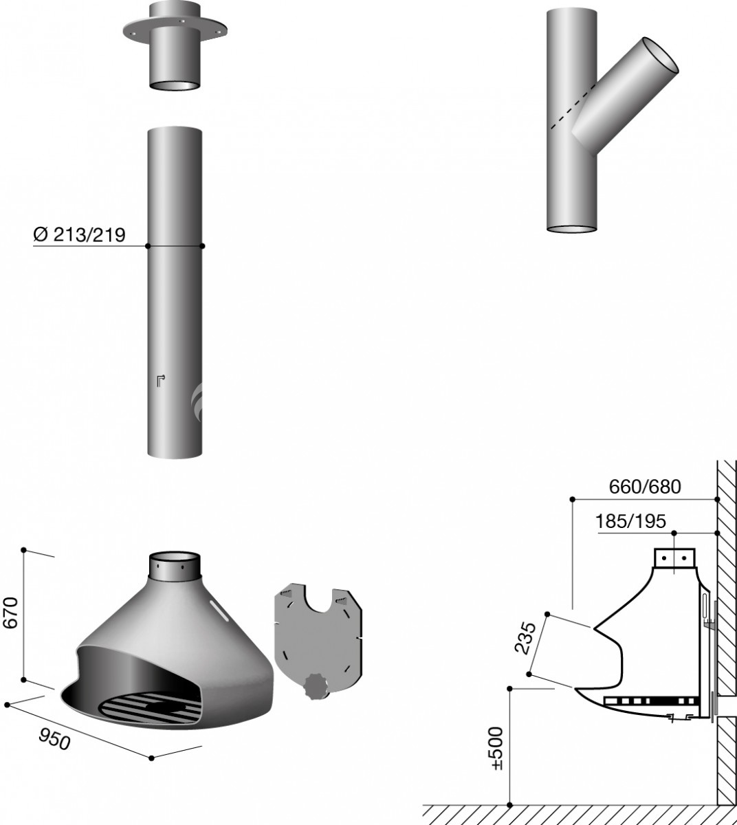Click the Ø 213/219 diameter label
tap(79, 234)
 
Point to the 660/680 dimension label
tap(645, 486)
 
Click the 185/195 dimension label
tap(630, 521)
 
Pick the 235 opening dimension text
tap(525, 638)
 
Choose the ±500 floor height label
tap(498, 749)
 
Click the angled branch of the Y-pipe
tap(625, 96)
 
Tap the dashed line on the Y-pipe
tap(573, 107)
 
